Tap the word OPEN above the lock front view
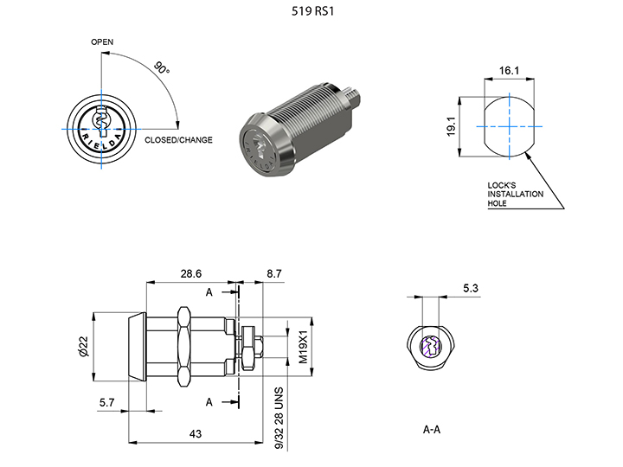click(101, 42)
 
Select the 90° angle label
click(162, 67)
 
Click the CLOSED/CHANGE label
click(178, 140)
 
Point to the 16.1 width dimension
click(509, 72)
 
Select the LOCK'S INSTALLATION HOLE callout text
click(516, 194)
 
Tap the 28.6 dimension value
click(191, 273)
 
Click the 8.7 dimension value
click(273, 273)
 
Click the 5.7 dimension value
click(107, 403)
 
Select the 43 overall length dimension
click(196, 433)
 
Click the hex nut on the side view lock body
click(183, 347)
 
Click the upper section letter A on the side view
click(209, 293)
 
